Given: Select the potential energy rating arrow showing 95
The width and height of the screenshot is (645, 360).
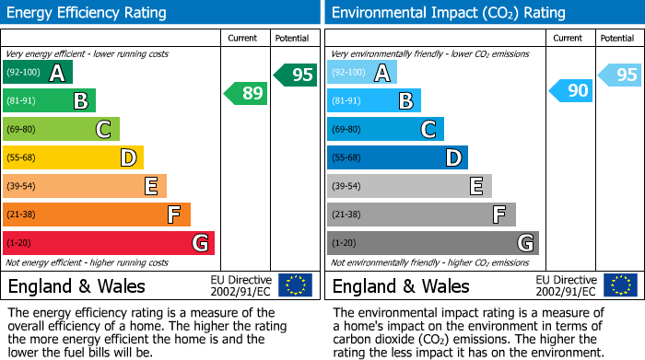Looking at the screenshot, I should coord(296,75).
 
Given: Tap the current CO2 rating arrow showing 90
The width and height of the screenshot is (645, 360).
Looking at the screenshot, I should coord(570,90).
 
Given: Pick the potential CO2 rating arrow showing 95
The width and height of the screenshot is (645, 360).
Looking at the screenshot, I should coord(620,75).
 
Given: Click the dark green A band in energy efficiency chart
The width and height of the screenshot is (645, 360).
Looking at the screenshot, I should coord(38,73).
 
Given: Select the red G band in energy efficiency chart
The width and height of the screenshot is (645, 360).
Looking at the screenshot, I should coord(109,243).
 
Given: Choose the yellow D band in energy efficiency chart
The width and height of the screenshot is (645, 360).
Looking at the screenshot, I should coord(73,157).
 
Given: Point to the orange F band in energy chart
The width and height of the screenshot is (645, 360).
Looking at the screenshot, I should coord(97,215).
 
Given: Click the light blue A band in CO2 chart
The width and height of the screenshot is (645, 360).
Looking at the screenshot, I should coord(362,73).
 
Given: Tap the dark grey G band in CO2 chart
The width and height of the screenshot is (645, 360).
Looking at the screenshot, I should coord(432,243).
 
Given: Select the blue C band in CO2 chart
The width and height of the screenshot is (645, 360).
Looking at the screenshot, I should coord(385,129).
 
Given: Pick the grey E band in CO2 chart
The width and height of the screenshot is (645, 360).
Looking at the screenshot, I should coord(409,186).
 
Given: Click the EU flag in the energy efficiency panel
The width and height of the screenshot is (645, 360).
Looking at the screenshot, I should coord(295,285).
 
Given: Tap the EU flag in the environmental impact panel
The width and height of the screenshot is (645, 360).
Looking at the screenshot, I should coord(619,285).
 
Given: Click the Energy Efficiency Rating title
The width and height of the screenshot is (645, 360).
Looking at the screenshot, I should coord(88,13).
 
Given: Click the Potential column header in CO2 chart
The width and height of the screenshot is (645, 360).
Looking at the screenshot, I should coord(616,38).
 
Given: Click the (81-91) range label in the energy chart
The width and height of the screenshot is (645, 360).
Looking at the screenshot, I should coord(22,101).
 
